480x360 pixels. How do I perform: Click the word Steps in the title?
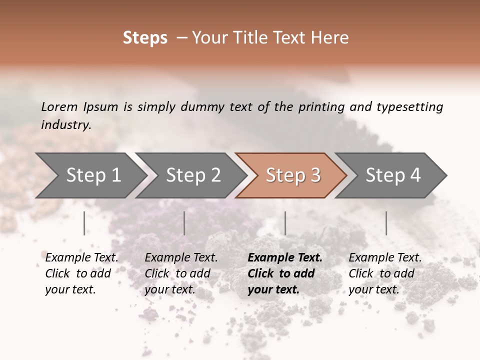(x=145, y=38)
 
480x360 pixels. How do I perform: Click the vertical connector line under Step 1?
(x=84, y=223)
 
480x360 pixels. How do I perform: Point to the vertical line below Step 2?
(x=184, y=223)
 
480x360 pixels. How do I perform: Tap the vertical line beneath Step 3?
(x=285, y=223)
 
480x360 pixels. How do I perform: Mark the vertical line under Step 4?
(x=386, y=223)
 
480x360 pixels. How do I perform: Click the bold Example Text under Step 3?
(x=285, y=273)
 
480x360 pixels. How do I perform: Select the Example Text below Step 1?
(x=81, y=273)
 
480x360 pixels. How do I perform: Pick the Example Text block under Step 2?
(x=181, y=273)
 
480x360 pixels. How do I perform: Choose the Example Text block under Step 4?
(x=385, y=273)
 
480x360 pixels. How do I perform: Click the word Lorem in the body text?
(x=59, y=106)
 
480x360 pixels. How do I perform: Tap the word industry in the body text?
(x=66, y=124)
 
